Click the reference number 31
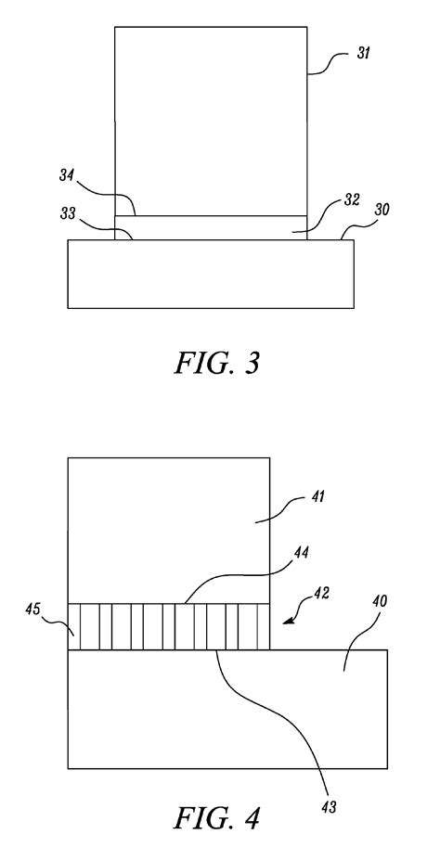(363, 53)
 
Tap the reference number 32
(352, 199)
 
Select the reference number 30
(382, 210)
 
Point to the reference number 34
(67, 176)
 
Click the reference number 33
(68, 214)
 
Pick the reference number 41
(317, 495)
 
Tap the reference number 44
(301, 553)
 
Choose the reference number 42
(321, 593)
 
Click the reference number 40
(380, 601)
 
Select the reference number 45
(32, 609)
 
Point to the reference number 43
(329, 807)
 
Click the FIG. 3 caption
(217, 363)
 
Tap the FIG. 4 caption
(217, 818)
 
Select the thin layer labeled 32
(211, 227)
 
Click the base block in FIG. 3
(211, 274)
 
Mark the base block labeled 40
(227, 709)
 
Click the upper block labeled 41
(169, 531)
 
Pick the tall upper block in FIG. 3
(211, 121)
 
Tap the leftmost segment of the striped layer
(74, 626)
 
